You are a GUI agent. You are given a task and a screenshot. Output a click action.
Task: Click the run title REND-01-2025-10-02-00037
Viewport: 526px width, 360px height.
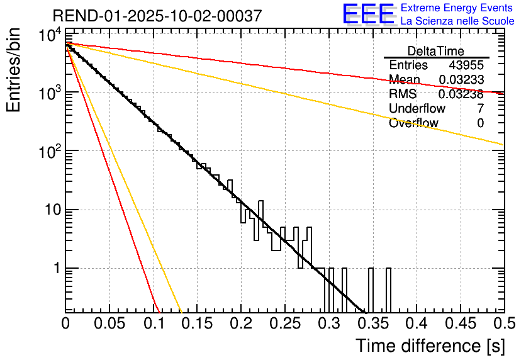coord(157,16)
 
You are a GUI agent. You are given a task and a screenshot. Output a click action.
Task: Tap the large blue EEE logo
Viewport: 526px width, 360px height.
coord(368,14)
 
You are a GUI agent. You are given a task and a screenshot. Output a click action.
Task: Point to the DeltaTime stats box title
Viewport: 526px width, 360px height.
coord(436,51)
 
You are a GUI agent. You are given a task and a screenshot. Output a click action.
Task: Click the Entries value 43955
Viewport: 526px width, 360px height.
coord(466,65)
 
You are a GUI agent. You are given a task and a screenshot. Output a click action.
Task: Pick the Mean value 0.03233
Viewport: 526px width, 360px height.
coord(461,80)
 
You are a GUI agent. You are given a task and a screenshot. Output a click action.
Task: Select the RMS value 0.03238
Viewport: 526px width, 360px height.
coord(461,94)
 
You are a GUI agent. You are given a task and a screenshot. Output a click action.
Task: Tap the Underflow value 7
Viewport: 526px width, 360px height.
coord(480,109)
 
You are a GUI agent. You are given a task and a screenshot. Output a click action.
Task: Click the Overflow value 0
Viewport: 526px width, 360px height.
coord(480,123)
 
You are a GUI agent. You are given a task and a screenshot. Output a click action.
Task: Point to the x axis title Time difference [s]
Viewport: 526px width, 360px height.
coord(430,346)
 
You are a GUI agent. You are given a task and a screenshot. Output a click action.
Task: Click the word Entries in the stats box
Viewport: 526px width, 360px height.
coord(408,65)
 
